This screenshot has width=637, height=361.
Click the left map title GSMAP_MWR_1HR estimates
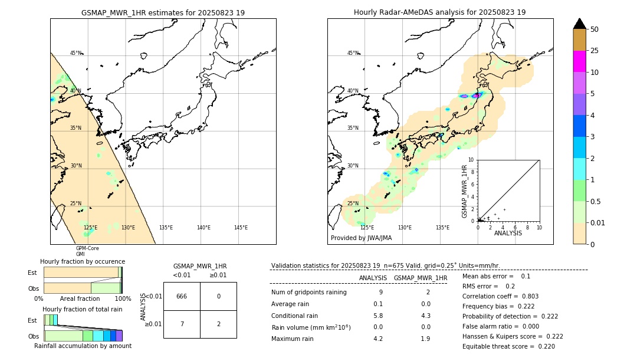163,12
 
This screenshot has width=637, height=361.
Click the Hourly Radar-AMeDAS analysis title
439,12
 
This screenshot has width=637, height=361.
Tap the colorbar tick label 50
595,29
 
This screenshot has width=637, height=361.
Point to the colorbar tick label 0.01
598,223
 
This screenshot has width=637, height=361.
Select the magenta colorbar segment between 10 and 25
579,61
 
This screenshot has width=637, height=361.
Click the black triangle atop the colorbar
579,24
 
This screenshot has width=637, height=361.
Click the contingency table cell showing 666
182,296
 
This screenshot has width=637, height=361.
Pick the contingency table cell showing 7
182,324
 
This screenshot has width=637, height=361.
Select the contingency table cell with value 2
218,324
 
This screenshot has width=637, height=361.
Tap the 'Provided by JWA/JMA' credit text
361,238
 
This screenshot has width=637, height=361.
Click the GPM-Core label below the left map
87,248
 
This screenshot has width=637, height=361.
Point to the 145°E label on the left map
241,228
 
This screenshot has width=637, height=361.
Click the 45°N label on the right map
353,53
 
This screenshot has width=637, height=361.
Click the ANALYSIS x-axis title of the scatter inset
508,233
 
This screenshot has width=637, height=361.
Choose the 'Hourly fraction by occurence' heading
83,261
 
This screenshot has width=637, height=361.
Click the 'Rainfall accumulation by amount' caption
83,346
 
